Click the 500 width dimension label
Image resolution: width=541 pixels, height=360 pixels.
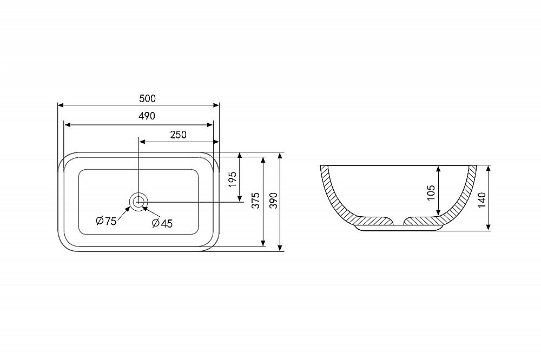[147, 98]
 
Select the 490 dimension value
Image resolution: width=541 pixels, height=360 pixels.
[147, 116]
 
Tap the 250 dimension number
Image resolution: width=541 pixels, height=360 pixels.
[179, 135]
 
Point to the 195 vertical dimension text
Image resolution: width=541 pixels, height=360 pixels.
[233, 179]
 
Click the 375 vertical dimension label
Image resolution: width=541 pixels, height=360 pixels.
[255, 201]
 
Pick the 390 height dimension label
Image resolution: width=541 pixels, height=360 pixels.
[273, 201]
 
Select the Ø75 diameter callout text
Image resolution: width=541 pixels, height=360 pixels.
[106, 221]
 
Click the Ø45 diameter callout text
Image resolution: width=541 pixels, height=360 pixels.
[162, 223]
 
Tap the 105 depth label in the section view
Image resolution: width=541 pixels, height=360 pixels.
[431, 193]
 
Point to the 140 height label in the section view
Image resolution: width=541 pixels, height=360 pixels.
[481, 199]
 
